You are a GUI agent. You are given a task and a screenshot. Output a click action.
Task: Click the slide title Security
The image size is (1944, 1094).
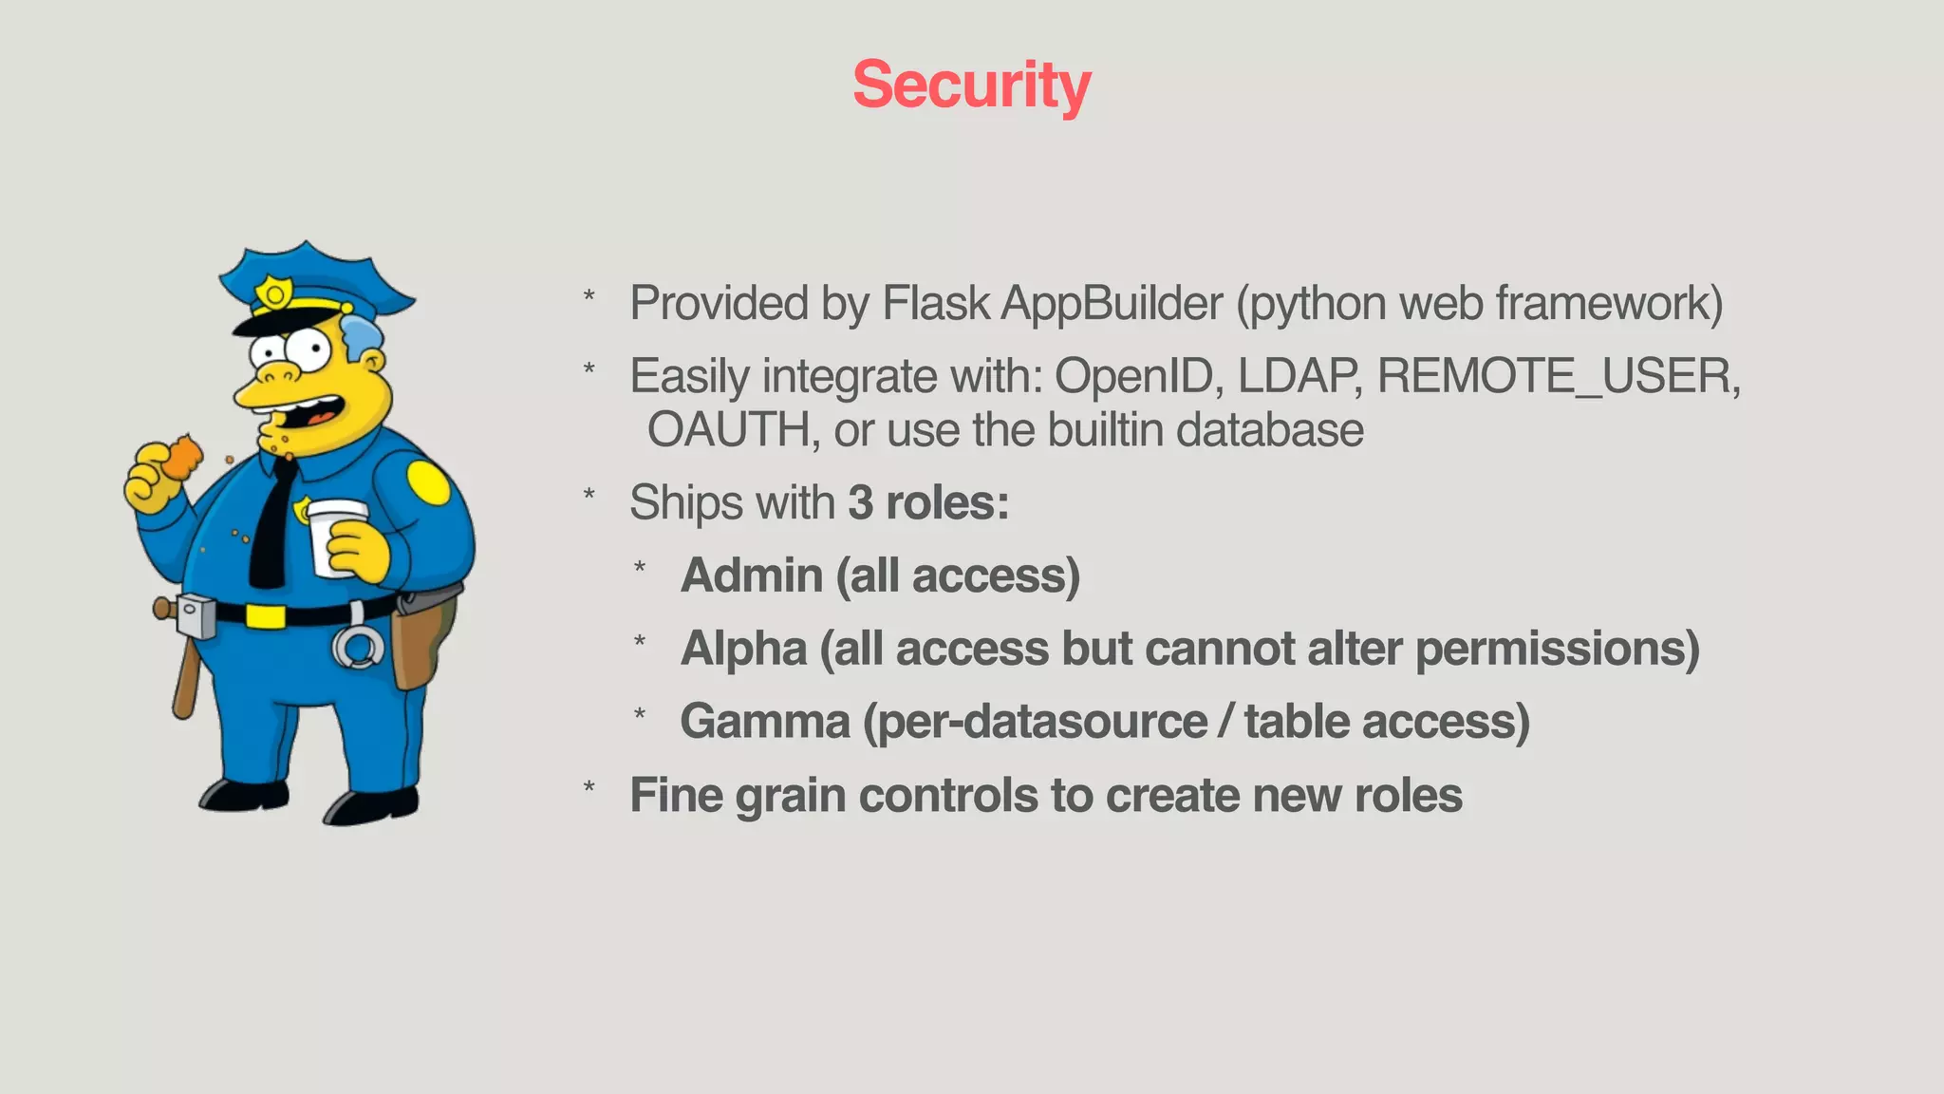971,85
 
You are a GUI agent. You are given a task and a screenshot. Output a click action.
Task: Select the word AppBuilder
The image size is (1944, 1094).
1112,304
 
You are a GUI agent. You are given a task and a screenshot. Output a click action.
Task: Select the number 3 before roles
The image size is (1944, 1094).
860,502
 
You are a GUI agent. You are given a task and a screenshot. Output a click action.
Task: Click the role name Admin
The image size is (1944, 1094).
752,575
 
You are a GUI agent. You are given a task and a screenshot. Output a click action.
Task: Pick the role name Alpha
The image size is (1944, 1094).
744,649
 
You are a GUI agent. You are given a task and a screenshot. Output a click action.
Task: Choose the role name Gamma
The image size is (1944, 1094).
765,722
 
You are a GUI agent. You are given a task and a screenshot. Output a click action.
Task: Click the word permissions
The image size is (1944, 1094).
1557,649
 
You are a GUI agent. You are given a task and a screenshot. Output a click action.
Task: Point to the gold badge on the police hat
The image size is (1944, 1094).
274,293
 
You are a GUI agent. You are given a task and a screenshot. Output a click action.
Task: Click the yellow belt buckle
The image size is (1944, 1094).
265,616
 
